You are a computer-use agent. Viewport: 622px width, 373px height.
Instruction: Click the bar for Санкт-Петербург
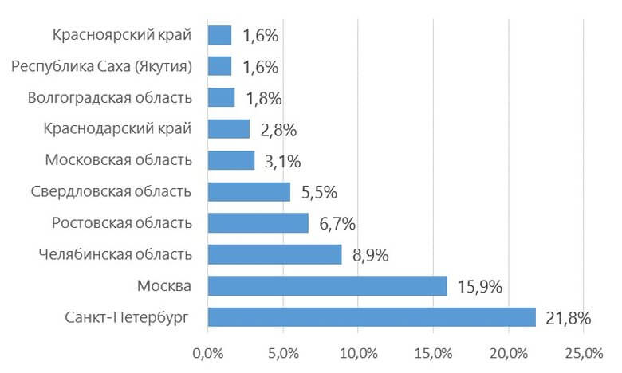(x=372, y=317)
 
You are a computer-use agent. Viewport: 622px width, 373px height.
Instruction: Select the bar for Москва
(x=327, y=285)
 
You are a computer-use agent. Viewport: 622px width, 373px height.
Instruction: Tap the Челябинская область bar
(x=274, y=254)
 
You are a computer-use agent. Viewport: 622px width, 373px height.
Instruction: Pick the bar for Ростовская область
(x=258, y=222)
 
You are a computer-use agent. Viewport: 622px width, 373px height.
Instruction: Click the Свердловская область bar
(x=249, y=191)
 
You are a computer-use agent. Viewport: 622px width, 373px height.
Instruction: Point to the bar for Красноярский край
(x=219, y=34)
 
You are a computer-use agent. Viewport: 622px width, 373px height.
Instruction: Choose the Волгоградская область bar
(x=221, y=97)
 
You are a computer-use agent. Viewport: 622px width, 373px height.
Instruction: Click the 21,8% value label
(x=568, y=318)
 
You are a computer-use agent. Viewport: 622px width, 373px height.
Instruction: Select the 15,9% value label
(x=479, y=286)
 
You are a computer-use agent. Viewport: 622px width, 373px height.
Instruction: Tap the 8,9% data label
(x=370, y=255)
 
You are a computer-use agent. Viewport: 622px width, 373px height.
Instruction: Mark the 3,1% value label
(x=282, y=161)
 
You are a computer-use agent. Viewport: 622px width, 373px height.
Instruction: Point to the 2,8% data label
(x=278, y=129)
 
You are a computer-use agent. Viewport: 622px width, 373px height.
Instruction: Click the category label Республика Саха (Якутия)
(x=102, y=66)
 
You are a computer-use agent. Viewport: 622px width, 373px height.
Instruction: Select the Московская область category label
(x=118, y=160)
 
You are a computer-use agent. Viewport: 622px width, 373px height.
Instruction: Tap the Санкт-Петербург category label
(x=127, y=317)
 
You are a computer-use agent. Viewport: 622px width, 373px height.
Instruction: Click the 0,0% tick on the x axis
(x=207, y=352)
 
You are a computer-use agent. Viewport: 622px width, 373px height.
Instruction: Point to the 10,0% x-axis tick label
(x=357, y=352)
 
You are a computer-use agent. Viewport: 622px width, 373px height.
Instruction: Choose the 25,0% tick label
(x=584, y=352)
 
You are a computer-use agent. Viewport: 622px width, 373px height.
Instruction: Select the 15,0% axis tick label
(x=433, y=352)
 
